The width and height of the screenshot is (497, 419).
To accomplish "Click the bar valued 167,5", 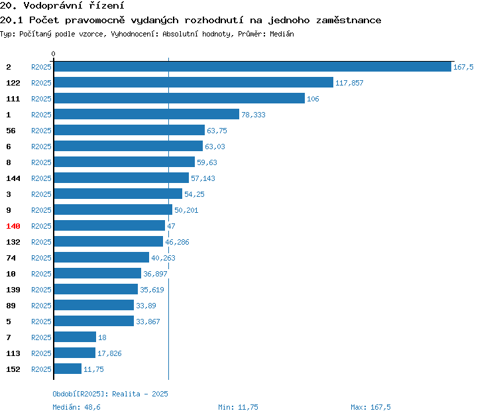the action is point(252,66).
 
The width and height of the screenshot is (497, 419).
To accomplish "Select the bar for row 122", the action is point(193,82).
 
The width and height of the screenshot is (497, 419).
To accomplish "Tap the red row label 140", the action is point(13,226).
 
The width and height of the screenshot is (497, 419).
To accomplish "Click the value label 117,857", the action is point(349,83).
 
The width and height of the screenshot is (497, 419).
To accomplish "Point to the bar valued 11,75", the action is point(68,369).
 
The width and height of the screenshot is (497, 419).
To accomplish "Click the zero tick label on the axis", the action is point(53,54).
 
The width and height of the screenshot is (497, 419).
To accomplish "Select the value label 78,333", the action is point(253,115).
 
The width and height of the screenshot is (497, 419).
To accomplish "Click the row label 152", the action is point(13,369).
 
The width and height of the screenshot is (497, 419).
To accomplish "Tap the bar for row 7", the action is point(75,337).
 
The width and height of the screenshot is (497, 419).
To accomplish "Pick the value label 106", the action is point(313,99).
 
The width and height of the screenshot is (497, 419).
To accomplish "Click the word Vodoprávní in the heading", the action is point(52,5).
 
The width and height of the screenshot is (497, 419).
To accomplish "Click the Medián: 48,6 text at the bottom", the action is point(76,407).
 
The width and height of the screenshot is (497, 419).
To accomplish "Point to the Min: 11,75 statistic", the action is point(238,407).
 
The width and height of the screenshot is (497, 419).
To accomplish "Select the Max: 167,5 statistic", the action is point(370,407).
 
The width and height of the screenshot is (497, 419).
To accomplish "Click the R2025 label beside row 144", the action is point(41,178).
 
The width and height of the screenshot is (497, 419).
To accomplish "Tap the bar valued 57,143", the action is point(121,178).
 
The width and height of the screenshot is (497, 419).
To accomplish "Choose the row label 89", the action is point(11,306).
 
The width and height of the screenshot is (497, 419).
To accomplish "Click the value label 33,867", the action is point(148,322).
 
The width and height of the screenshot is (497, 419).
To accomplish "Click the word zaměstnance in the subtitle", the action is point(349,21).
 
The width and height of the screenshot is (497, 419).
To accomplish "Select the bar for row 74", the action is point(101,257).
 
